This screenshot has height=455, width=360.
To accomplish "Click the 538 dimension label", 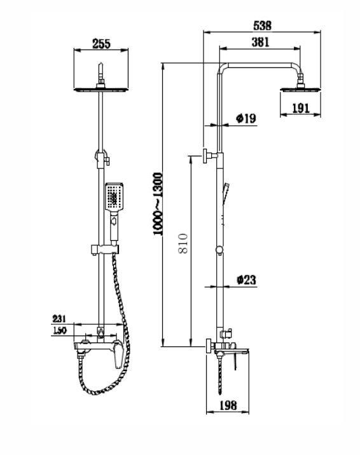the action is [262, 25].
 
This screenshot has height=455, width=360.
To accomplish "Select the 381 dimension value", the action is [260, 42].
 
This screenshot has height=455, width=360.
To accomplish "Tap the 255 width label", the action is [101, 44].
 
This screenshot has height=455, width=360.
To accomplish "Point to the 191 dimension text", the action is [301, 108].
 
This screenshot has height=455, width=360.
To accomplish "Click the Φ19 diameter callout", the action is [246, 118].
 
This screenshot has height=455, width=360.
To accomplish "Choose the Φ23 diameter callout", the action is [247, 280].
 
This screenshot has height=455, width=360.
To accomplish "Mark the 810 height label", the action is [183, 243].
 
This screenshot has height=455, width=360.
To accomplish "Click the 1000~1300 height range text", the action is [158, 204].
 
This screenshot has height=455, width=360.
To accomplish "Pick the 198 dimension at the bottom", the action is [228, 405].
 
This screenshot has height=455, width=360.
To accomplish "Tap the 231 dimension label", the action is [59, 318].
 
